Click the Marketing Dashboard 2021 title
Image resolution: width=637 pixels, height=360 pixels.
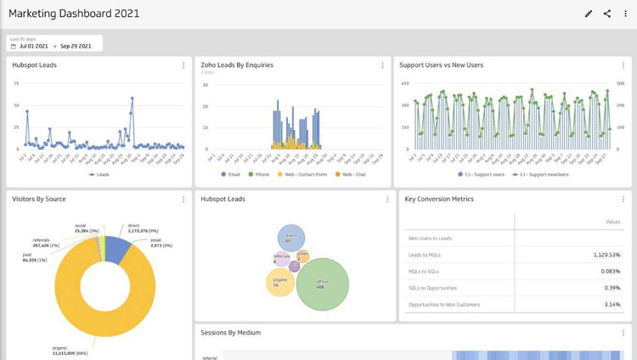74,14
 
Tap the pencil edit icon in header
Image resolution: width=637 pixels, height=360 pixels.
589,14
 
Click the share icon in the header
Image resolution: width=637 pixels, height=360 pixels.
607,14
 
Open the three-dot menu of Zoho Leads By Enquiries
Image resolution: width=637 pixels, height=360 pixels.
382,65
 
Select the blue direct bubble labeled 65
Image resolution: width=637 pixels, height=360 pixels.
290,238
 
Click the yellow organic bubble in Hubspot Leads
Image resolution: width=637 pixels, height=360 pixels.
279,282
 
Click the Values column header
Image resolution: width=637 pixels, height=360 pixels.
612,222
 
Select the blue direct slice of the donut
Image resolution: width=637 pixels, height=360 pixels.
117,248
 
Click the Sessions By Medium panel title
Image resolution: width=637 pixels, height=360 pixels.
230,333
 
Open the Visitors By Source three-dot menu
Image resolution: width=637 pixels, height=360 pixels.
183,200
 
